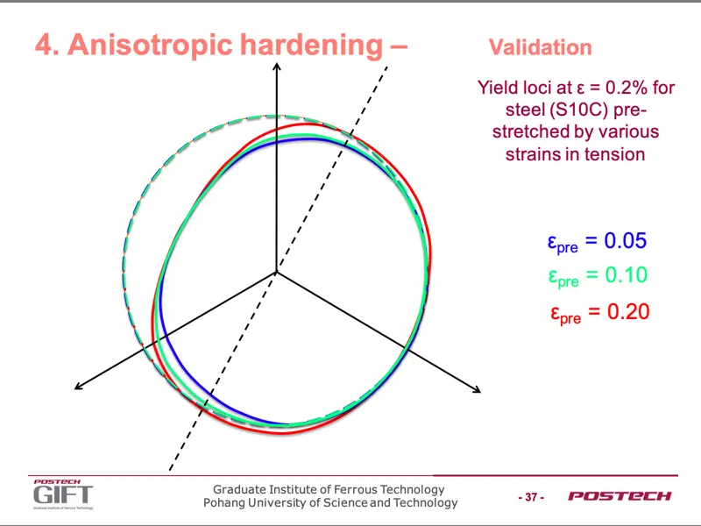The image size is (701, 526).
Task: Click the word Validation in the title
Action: tap(540, 47)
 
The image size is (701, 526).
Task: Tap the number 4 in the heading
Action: tap(43, 46)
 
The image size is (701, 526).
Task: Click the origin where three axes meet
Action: tap(276, 272)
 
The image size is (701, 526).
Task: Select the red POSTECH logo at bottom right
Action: tap(620, 496)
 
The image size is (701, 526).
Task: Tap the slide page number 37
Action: tap(531, 497)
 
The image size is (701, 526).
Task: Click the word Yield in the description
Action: tap(496, 87)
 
